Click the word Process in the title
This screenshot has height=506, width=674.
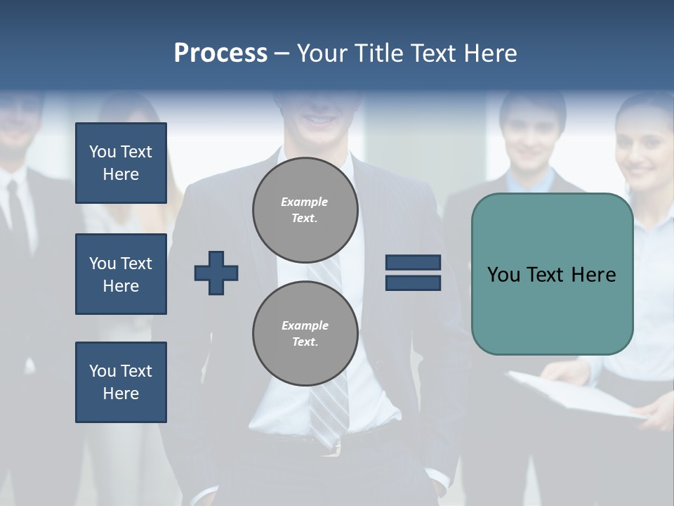220,53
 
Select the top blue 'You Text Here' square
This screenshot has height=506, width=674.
121,163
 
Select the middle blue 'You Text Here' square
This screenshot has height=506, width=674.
121,274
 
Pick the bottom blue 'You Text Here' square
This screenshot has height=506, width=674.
121,382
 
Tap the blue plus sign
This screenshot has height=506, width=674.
216,273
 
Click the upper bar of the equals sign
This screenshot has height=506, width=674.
413,262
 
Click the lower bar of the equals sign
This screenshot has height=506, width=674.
413,283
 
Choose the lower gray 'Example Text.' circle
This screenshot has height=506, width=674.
305,334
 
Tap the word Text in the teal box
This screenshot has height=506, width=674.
552,275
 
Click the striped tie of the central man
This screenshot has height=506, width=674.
330,408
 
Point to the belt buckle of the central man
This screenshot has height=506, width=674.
336,446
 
